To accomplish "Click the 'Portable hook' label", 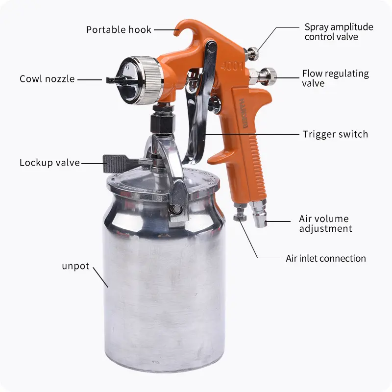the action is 119,30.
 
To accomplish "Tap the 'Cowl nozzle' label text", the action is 47,79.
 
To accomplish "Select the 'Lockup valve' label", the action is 49,163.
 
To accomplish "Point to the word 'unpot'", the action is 75,266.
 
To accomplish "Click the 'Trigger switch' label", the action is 335,134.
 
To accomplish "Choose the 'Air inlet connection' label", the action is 326,259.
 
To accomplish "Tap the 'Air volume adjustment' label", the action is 325,223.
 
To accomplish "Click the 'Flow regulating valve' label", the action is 335,78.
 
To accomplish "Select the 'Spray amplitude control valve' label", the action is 339,32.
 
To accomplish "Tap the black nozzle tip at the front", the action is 116,80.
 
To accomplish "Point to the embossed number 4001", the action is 232,67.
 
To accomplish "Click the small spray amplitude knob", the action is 252,53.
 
